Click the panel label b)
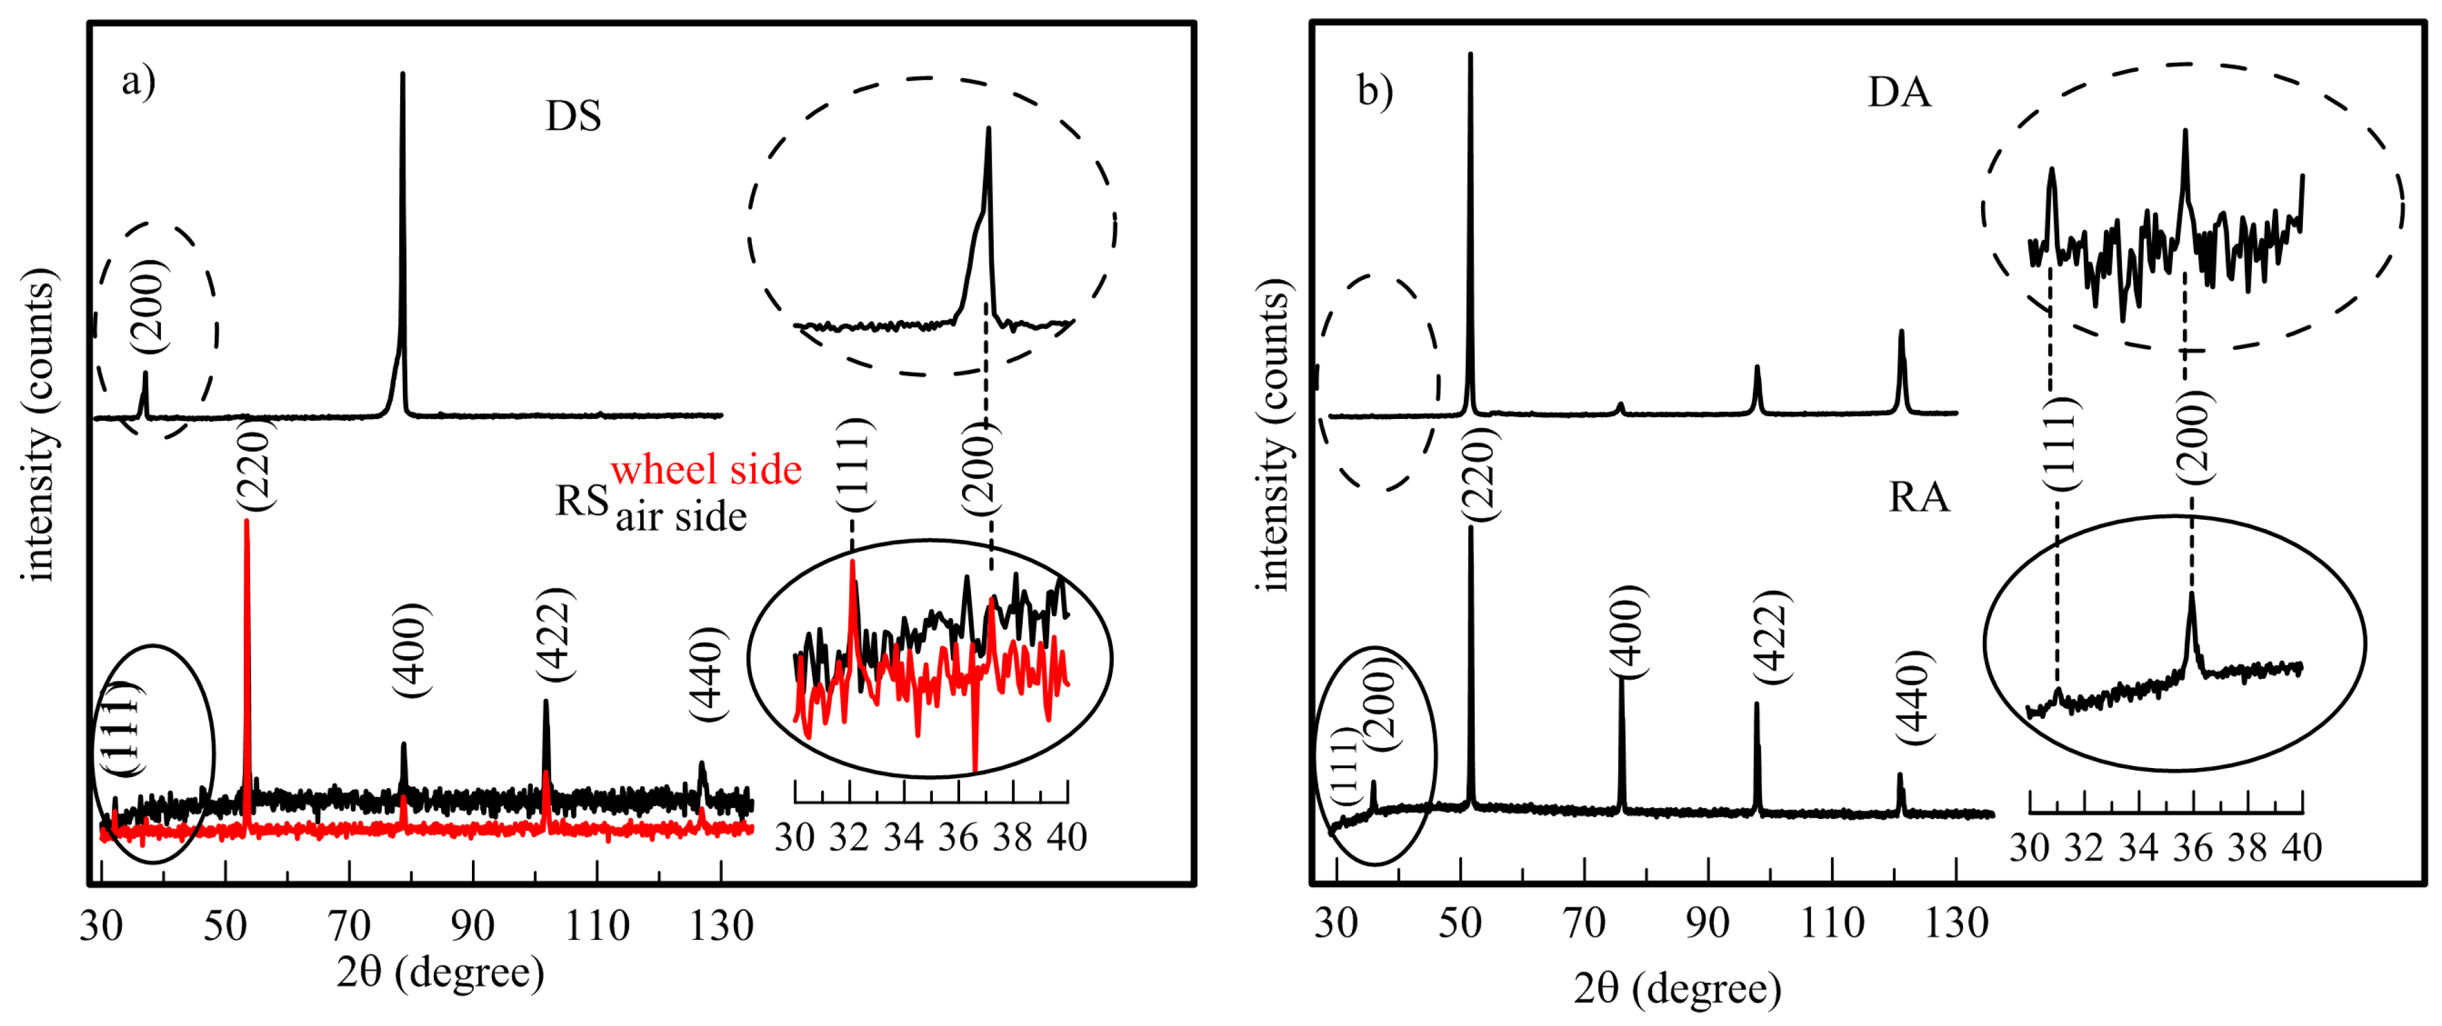tap(1375, 91)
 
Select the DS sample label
tap(573, 116)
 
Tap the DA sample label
tap(1899, 92)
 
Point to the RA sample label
tap(1919, 497)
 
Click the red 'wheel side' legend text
tap(706, 469)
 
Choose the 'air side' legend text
tap(681, 517)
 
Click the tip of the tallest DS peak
tap(403, 74)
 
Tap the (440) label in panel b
tap(1915, 697)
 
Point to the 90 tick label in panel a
tap(472, 924)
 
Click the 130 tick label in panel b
tap(1956, 922)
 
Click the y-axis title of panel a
tap(38, 424)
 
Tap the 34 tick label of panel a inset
tap(903, 837)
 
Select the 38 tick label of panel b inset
tap(2247, 847)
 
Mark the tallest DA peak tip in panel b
tap(1470, 54)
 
